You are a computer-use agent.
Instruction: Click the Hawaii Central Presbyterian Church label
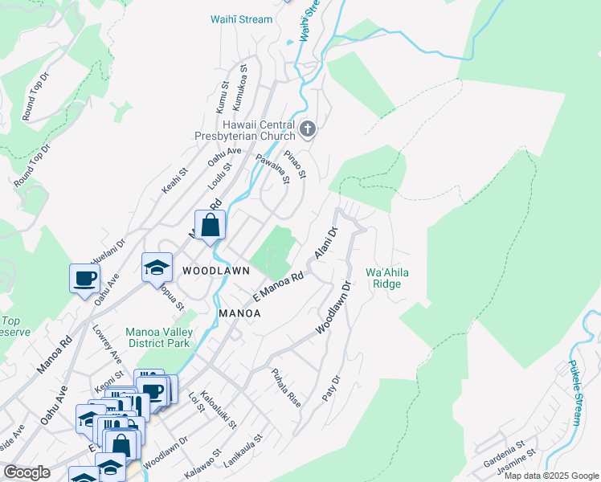pyautogui.click(x=256, y=130)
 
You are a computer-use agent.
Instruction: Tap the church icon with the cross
pyautogui.click(x=308, y=129)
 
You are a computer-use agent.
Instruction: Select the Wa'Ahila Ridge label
pyautogui.click(x=387, y=278)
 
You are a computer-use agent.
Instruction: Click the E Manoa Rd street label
pyautogui.click(x=278, y=287)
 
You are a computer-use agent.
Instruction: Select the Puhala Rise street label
pyautogui.click(x=286, y=388)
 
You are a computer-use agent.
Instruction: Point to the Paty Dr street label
pyautogui.click(x=329, y=389)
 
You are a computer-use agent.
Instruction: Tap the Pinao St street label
pyautogui.click(x=296, y=163)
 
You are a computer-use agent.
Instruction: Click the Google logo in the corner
pyautogui.click(x=27, y=472)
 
